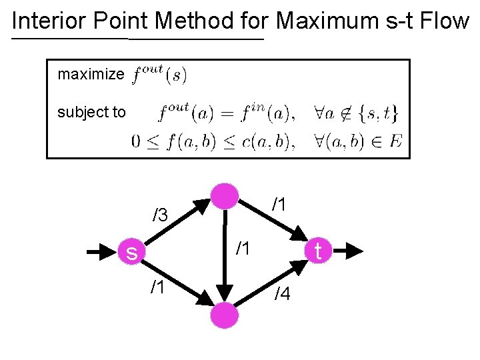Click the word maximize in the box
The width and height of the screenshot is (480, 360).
coord(91,74)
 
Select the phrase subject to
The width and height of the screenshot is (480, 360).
coord(91,112)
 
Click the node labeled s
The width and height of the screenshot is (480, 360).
coord(133,252)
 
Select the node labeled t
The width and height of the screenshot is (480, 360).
coord(318,251)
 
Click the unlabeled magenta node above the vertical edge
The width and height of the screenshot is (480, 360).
coord(225,195)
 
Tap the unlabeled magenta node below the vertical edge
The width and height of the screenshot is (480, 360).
coord(225,314)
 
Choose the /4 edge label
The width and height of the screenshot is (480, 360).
coord(283,293)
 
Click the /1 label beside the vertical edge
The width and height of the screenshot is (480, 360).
coord(243,249)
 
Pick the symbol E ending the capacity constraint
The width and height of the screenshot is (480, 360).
coord(396,142)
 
